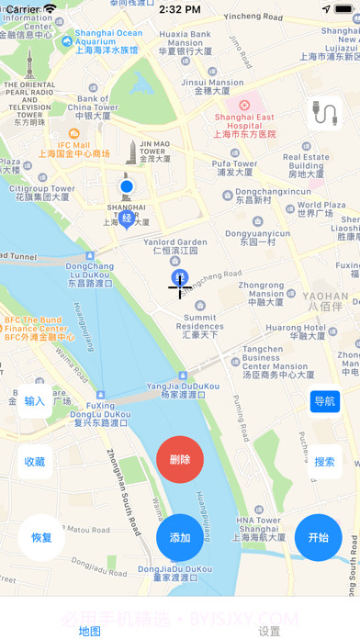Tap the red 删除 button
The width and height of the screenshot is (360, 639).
click(x=180, y=459)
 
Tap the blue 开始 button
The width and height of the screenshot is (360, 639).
click(x=318, y=537)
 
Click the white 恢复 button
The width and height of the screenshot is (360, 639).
click(x=41, y=537)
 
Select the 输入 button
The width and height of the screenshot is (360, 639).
click(x=35, y=401)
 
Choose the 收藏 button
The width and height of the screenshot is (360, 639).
click(x=35, y=462)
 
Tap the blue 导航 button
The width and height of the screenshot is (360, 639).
click(x=325, y=401)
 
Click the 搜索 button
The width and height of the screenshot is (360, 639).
click(x=325, y=462)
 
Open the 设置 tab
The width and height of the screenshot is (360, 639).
click(x=269, y=631)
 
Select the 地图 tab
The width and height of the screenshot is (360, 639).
click(x=89, y=631)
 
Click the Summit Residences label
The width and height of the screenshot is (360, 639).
click(x=199, y=327)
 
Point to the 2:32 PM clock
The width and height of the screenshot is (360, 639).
click(x=179, y=9)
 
